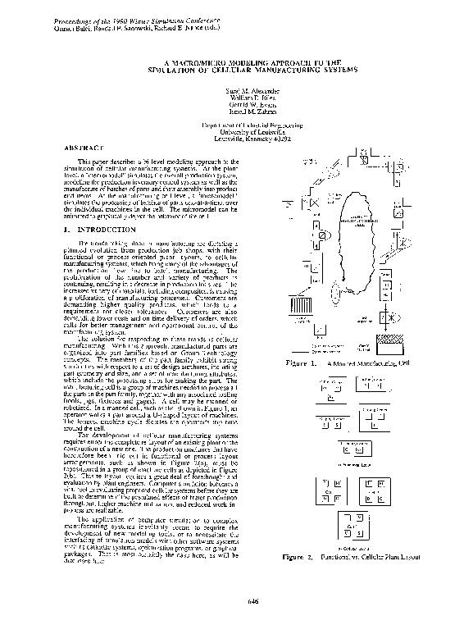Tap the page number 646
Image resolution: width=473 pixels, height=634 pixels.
click(252, 601)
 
